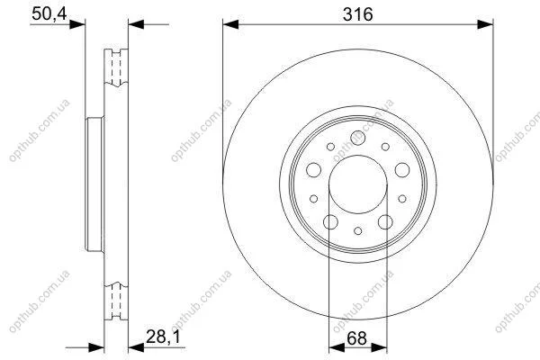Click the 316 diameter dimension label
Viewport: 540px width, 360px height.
pyautogui.click(x=358, y=14)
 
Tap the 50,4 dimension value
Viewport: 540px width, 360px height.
pyautogui.click(x=49, y=14)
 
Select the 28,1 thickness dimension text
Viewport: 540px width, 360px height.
pyautogui.click(x=163, y=337)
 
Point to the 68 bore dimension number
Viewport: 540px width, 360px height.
pyautogui.click(x=356, y=338)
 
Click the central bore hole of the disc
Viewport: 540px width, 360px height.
pyautogui.click(x=358, y=184)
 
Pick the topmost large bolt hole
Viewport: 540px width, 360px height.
pyautogui.click(x=358, y=138)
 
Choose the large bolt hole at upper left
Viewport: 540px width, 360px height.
pyautogui.click(x=313, y=170)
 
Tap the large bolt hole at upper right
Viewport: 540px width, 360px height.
pyautogui.click(x=402, y=170)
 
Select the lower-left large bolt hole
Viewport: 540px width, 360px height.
pyautogui.click(x=330, y=222)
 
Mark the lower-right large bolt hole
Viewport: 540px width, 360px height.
pyautogui.click(x=385, y=222)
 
